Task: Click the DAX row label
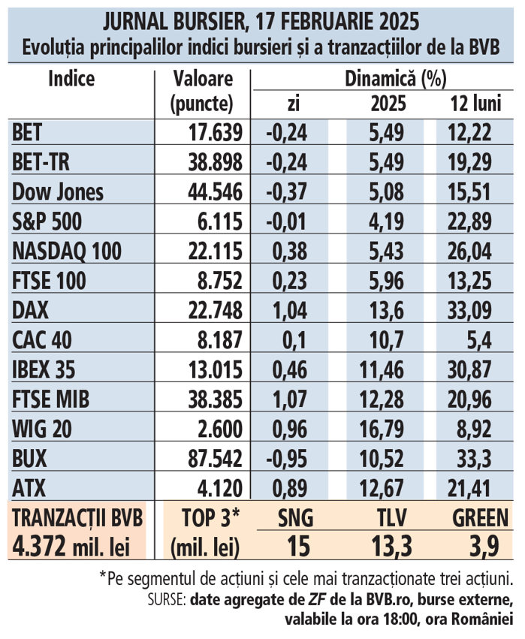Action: (x=30, y=310)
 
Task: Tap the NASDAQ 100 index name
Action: (x=65, y=251)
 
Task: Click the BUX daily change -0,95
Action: (x=287, y=458)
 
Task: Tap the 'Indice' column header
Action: (x=71, y=79)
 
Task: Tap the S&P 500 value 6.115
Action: (x=218, y=222)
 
